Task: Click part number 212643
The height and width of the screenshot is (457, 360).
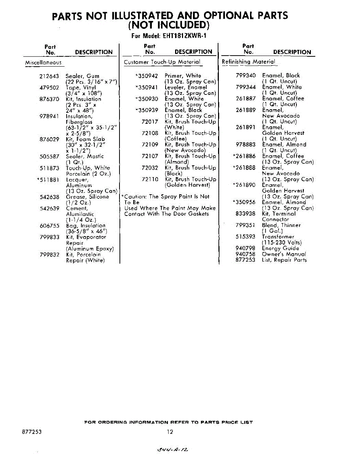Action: coord(49,76)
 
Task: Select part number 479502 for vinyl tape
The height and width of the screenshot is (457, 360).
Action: coord(49,88)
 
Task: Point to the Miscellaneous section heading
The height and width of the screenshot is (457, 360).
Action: coord(43,62)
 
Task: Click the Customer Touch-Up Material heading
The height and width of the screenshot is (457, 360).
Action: coord(162,62)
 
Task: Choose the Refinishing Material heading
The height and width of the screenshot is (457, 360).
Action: coord(248,62)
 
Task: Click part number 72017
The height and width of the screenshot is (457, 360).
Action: coord(150,122)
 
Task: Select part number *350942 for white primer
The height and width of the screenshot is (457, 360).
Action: coord(147,76)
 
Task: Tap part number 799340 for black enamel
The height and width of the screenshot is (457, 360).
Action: coord(245,75)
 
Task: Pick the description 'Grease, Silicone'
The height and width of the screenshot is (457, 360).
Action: coord(88,197)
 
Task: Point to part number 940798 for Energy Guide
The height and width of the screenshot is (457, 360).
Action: coord(245,248)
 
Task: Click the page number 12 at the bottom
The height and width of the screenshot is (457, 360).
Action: coord(170,432)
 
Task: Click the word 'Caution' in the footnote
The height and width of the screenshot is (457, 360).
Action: coord(135,197)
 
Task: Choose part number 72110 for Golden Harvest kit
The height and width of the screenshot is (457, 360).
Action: coord(150,179)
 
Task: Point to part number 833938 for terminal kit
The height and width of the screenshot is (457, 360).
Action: coord(245,214)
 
